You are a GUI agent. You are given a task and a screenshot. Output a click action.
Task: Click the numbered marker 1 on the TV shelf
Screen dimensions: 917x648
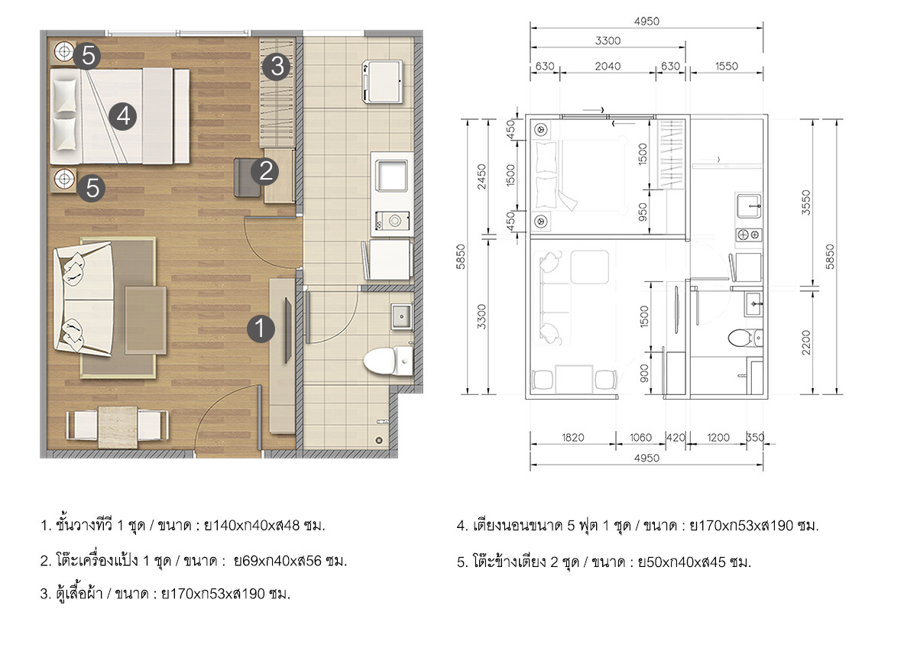click(x=261, y=329)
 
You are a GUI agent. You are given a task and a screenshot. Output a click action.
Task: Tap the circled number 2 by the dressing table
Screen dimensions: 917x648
click(x=265, y=171)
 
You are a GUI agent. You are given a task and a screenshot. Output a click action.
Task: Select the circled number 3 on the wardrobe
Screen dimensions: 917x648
click(x=277, y=66)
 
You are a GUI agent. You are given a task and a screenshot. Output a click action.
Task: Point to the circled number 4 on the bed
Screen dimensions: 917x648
click(x=123, y=116)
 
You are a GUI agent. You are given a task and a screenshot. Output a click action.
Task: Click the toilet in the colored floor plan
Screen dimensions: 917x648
click(x=388, y=360)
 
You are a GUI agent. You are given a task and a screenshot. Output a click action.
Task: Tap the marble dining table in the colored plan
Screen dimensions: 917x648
click(x=118, y=426)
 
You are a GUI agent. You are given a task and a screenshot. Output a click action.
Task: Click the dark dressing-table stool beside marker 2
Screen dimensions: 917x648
click(x=246, y=177)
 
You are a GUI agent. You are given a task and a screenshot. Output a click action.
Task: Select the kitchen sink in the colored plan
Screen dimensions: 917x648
click(x=391, y=176)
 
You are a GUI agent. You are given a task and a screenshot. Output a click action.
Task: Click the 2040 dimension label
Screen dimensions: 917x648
click(x=608, y=66)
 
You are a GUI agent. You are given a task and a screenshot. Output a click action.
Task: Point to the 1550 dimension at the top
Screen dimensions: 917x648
click(x=727, y=66)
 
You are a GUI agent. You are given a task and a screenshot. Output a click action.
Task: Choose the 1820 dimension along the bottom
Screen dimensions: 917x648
click(x=572, y=438)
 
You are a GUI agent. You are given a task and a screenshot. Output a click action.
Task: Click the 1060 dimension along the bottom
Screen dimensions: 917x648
click(x=640, y=438)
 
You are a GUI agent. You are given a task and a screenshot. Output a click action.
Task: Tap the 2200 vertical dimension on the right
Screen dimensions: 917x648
click(x=805, y=342)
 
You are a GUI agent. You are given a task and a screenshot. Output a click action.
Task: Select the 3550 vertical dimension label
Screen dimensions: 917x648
click(x=805, y=202)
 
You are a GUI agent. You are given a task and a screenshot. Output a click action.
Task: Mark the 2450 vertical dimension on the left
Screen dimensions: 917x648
click(x=482, y=177)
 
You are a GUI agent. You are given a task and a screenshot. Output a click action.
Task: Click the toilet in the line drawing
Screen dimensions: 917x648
click(x=745, y=338)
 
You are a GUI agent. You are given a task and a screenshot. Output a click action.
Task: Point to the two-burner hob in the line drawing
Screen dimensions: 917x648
click(x=749, y=235)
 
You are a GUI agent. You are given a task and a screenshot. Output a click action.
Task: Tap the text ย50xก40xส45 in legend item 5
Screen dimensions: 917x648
click(x=682, y=562)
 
